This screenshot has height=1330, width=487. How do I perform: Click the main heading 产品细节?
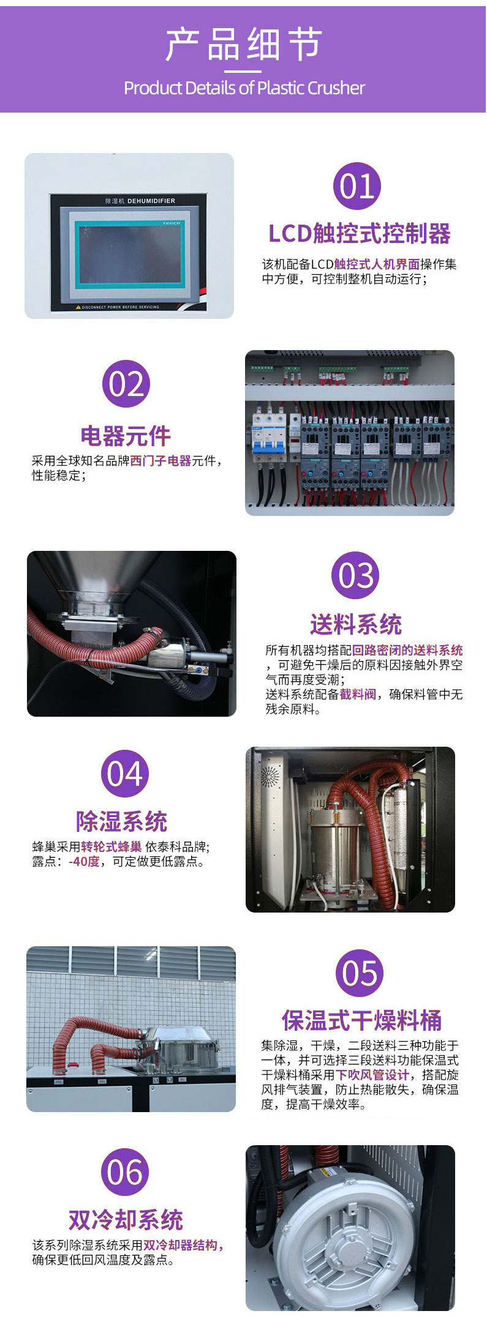point(243,45)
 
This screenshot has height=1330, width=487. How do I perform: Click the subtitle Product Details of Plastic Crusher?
point(244,88)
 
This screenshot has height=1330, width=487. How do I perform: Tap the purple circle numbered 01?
point(357,186)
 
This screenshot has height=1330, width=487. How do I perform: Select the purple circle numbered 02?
point(126,384)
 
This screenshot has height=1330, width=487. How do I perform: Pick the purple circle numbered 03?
point(355,575)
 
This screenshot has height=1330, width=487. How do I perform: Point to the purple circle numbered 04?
point(125,774)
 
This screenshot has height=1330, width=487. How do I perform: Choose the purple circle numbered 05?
point(360,973)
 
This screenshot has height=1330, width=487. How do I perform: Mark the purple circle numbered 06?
point(125,1172)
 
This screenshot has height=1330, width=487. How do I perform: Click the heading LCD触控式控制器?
point(360,233)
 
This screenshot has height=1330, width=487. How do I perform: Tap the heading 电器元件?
point(126,436)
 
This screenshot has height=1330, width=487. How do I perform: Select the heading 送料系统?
point(355,624)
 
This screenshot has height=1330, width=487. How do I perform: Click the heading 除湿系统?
point(121,821)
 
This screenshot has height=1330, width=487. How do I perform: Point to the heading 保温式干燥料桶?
point(361,1020)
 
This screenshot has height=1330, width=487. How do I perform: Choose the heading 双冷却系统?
point(126,1220)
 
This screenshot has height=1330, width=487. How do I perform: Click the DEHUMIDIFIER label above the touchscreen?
point(151,201)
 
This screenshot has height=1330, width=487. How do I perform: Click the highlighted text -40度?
point(84,862)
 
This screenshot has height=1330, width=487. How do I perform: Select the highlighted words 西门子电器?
point(160,461)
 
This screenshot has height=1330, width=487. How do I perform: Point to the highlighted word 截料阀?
point(358,695)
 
